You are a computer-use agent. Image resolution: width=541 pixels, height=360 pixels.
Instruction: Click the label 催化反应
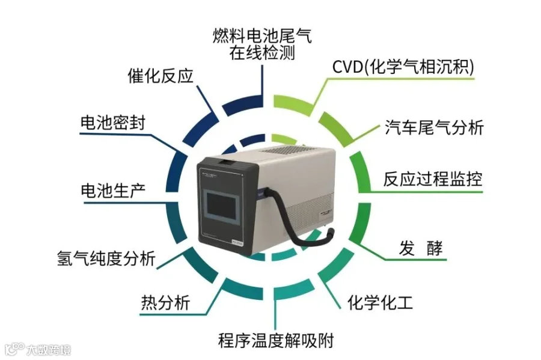click(x=159, y=76)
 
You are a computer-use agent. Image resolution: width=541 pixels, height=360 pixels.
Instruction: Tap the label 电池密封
click(x=112, y=122)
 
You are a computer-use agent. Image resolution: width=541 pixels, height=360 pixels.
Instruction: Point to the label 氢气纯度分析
click(x=105, y=259)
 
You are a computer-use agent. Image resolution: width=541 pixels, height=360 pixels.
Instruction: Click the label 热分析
click(x=165, y=302)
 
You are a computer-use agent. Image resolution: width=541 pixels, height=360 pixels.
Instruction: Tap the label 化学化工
click(x=380, y=301)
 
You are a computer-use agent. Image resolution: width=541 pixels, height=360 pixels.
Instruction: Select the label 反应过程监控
click(x=433, y=179)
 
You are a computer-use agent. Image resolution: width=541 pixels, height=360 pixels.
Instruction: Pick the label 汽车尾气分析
click(x=434, y=127)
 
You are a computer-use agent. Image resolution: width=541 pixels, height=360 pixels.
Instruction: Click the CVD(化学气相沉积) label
click(x=403, y=66)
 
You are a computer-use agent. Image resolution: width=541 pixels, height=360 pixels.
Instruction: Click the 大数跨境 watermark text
click(x=48, y=349)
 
